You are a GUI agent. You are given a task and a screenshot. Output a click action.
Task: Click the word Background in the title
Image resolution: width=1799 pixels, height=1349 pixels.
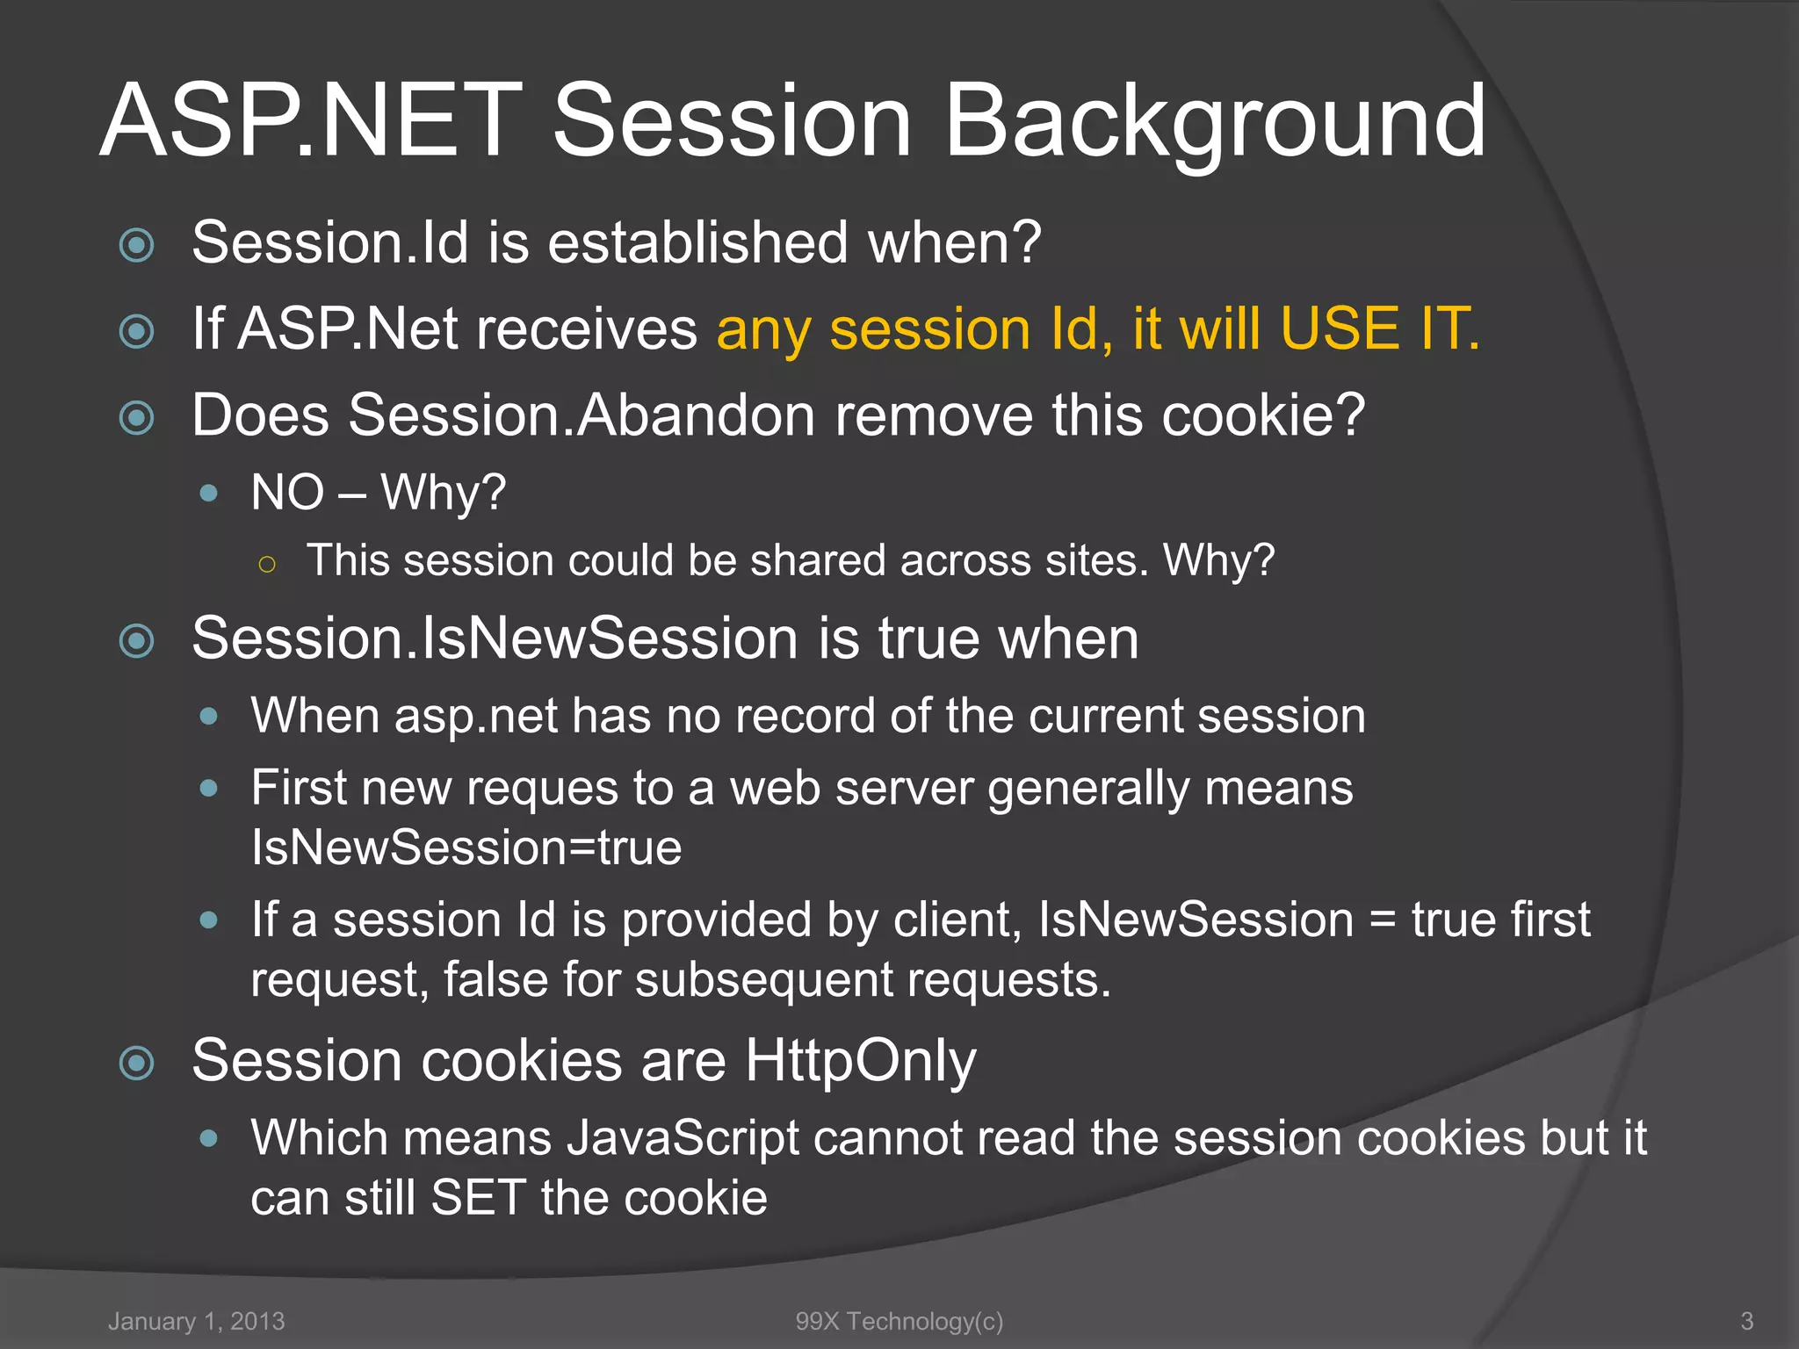pyautogui.click(x=1215, y=121)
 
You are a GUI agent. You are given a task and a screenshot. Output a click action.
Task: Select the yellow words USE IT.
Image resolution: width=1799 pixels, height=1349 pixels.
pyautogui.click(x=1379, y=329)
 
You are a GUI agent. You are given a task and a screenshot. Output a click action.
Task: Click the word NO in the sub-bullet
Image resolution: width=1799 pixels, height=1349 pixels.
pyautogui.click(x=287, y=492)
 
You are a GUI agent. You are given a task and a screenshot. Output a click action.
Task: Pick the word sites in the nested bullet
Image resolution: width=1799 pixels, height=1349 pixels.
pyautogui.click(x=1096, y=560)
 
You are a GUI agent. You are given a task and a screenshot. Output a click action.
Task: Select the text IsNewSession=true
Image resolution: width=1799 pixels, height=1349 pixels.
pyautogui.click(x=466, y=848)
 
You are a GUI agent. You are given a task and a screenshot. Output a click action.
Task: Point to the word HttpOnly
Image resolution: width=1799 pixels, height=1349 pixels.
pyautogui.click(x=860, y=1061)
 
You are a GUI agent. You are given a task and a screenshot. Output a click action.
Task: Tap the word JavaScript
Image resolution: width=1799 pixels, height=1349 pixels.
pyautogui.click(x=683, y=1138)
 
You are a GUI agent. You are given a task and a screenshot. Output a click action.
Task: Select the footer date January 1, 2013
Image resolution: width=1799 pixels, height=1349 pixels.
pyautogui.click(x=197, y=1321)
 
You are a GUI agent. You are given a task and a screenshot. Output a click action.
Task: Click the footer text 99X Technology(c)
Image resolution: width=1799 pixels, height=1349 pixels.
pyautogui.click(x=899, y=1321)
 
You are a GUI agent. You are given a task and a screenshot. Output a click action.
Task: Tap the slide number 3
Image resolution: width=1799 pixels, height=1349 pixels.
pyautogui.click(x=1747, y=1321)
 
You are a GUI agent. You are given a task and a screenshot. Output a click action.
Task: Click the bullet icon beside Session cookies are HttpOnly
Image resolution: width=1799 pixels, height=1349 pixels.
pyautogui.click(x=136, y=1064)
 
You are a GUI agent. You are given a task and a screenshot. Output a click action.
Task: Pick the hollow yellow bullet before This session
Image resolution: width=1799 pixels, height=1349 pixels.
pyautogui.click(x=268, y=564)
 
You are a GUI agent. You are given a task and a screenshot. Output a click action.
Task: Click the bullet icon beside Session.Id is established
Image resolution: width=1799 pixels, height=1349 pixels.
pyautogui.click(x=136, y=245)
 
